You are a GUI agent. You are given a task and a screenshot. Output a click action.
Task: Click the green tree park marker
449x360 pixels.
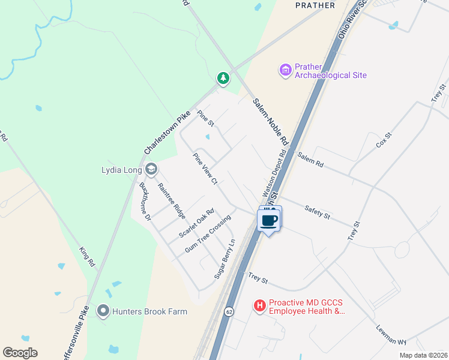[223, 78]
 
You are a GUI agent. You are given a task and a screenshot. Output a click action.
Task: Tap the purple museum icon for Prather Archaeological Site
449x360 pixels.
[285, 71]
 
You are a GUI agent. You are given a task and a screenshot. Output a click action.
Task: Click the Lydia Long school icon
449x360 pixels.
[151, 170]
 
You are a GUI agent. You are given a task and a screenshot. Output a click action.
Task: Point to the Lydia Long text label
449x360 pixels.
[121, 170]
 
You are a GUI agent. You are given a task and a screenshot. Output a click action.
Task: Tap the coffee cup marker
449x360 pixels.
[270, 220]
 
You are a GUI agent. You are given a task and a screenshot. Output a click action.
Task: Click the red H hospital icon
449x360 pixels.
[260, 306]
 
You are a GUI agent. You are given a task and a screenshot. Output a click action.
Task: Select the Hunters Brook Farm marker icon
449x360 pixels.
[103, 311]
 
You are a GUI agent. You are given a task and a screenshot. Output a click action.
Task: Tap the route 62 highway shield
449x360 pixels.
[230, 312]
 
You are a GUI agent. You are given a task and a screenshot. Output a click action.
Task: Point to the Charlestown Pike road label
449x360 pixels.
[167, 132]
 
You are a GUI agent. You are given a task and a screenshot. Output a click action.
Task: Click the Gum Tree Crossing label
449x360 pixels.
[208, 234]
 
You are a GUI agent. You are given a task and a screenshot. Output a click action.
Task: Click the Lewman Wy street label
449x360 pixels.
[392, 334]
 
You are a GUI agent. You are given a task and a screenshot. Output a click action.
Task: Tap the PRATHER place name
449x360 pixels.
[315, 5]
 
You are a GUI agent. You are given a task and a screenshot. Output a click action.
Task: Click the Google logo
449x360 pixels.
[20, 353]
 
